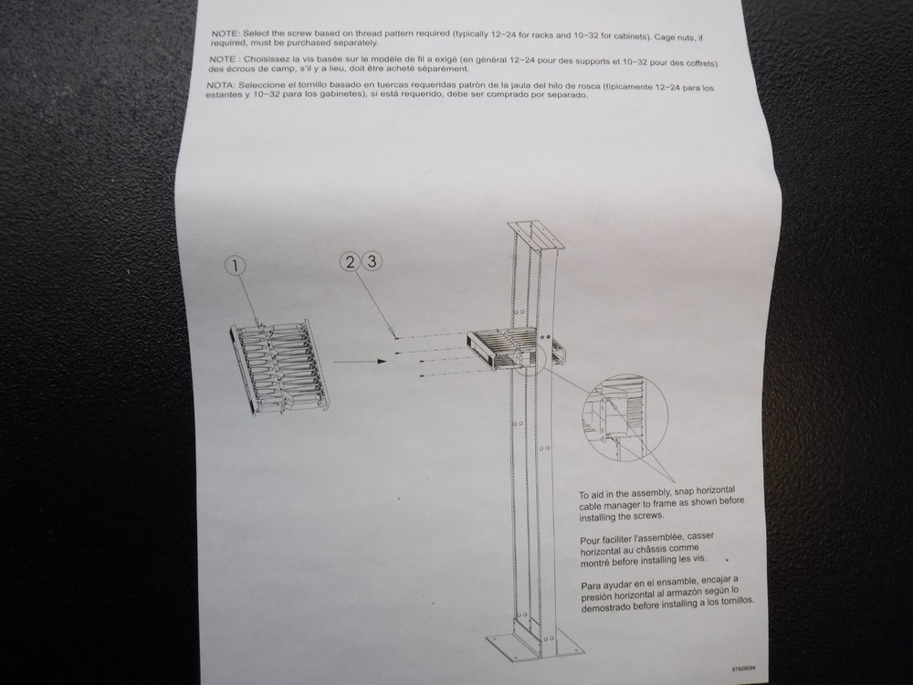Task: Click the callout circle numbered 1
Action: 236,266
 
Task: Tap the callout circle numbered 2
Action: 350,260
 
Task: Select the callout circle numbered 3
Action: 372,260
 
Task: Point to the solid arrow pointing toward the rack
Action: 355,363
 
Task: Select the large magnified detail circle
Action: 624,416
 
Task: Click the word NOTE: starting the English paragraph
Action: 225,33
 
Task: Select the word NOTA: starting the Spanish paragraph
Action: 223,85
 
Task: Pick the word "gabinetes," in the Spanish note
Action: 320,94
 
